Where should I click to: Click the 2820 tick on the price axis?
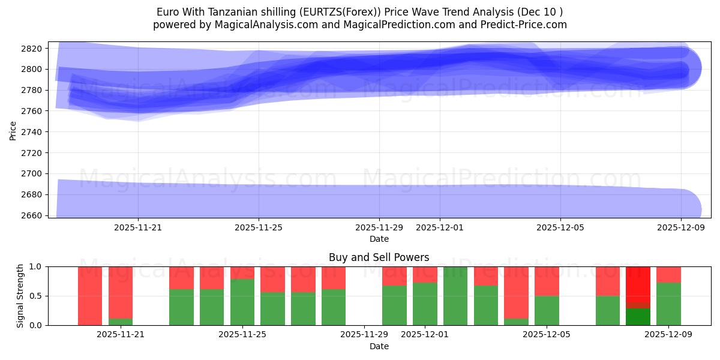(x=34, y=49)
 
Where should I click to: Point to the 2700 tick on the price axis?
(x=34, y=174)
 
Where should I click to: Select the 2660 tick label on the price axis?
(x=34, y=215)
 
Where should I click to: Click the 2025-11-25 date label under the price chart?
(x=259, y=227)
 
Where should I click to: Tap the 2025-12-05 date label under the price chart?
(x=560, y=227)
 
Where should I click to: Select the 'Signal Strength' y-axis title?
(x=21, y=296)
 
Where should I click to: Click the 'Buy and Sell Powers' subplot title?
(x=379, y=257)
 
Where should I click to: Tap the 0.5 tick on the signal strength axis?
(x=37, y=296)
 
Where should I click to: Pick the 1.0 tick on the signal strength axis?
(x=37, y=266)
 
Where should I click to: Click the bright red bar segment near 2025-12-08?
(x=638, y=287)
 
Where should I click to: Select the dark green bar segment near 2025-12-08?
(x=638, y=317)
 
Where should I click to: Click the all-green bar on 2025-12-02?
(x=455, y=296)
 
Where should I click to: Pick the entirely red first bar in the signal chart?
(x=90, y=296)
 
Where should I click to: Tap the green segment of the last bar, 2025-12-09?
(x=668, y=304)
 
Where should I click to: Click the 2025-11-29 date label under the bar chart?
(x=364, y=335)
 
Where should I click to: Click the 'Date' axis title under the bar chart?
(x=379, y=346)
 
